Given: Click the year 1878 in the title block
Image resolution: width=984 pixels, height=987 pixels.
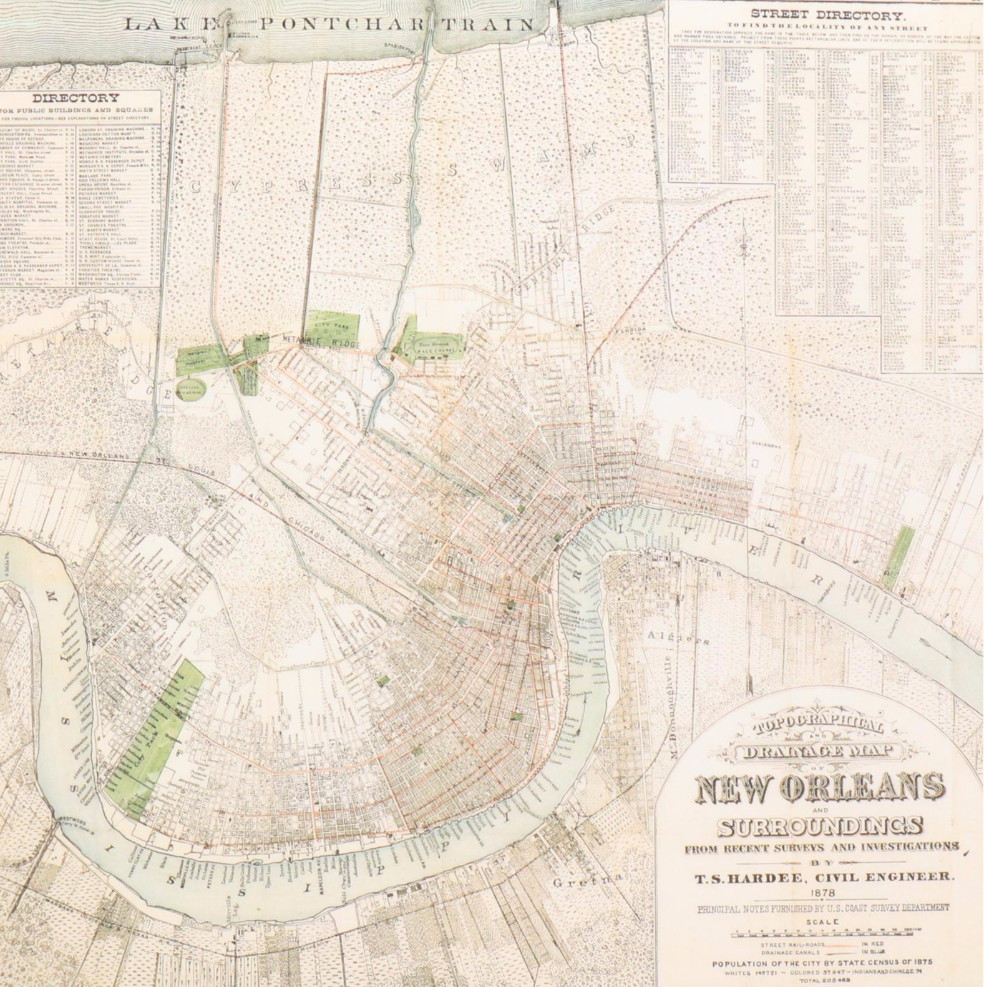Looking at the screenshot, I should tap(821, 893).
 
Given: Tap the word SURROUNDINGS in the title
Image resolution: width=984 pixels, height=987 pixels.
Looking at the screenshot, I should tap(820, 827).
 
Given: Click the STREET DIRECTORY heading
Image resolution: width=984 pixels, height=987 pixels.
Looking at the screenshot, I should tap(821, 14).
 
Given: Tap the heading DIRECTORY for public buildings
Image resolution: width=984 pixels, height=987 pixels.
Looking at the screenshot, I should tap(76, 98).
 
